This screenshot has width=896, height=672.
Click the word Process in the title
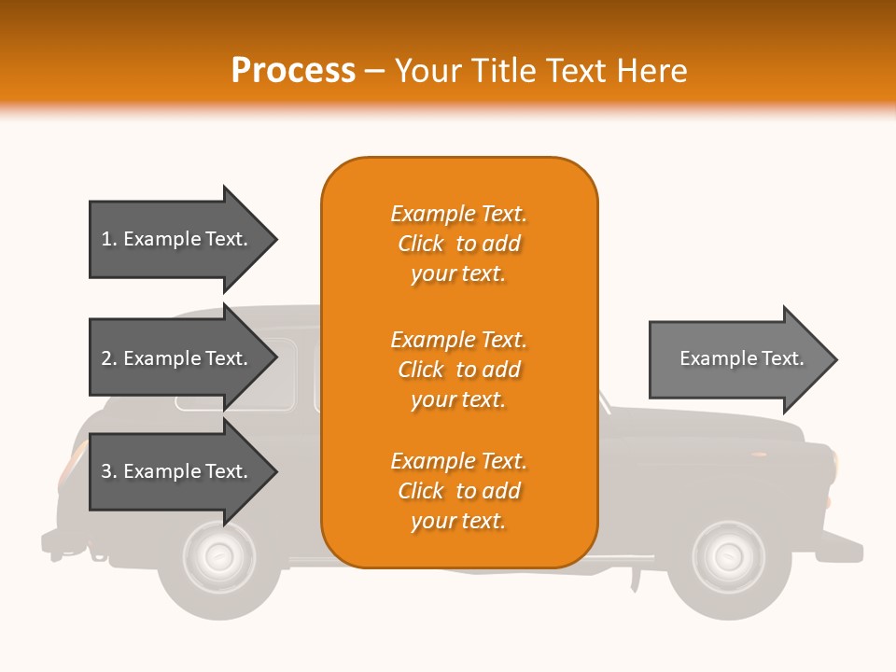coord(293,71)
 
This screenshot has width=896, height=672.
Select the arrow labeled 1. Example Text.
coord(183,239)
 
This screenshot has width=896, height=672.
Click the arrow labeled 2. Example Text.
coord(183,357)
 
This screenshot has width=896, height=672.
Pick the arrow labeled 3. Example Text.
coord(183,470)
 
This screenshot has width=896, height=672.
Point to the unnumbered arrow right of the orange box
coord(743,358)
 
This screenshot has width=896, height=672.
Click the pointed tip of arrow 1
coord(278,239)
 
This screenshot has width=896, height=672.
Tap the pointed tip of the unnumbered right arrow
coord(838,359)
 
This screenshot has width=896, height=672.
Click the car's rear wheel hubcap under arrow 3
coord(218,556)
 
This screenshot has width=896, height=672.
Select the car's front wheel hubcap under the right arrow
coord(728,556)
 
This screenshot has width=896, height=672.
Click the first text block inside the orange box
coord(459,244)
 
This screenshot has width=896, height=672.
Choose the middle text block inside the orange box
coord(459,370)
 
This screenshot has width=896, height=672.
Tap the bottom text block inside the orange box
coord(459,491)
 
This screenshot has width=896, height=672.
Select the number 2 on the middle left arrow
coord(105,358)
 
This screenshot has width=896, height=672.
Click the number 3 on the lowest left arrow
coord(105,470)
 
